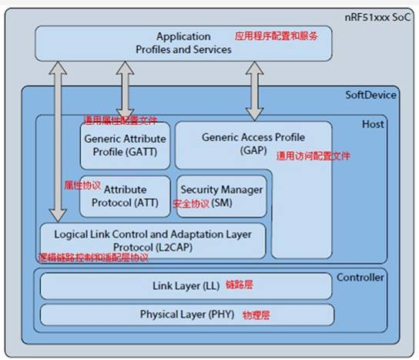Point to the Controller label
(x=360, y=277)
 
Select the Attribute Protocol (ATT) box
(x=125, y=195)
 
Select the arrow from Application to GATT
(x=124, y=91)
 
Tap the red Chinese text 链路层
(x=239, y=285)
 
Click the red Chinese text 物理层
(x=257, y=315)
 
